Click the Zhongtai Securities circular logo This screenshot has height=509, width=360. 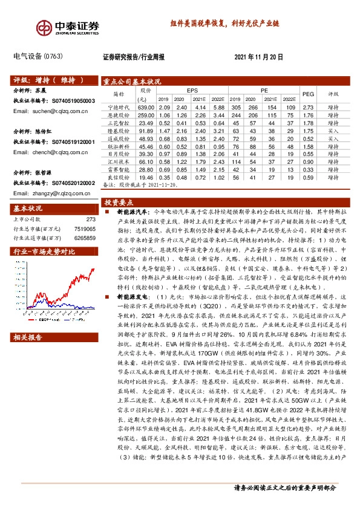[x=44, y=27]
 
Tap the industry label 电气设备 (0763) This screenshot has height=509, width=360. [x=38, y=56]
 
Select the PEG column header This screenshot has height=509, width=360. [x=308, y=94]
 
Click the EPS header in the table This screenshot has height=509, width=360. [x=192, y=90]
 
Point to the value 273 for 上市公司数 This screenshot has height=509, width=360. [x=91, y=220]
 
